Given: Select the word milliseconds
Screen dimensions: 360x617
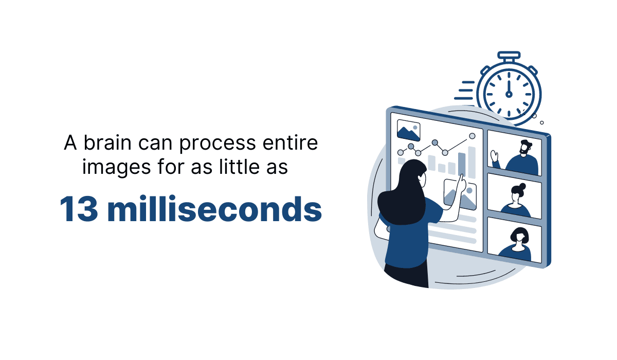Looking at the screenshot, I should point(215,209).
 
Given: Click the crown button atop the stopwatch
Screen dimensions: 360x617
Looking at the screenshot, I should point(509,56).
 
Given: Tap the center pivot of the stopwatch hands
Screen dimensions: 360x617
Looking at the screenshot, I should point(509,94).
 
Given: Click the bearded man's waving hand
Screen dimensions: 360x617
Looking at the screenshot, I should point(495,155).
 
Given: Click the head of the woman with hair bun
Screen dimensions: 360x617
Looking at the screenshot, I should point(517,193).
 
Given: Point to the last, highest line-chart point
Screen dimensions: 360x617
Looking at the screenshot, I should point(472,136).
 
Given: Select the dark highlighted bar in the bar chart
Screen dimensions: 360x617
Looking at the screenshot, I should point(462,164).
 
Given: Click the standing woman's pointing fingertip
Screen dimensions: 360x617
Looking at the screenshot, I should point(462,176).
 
